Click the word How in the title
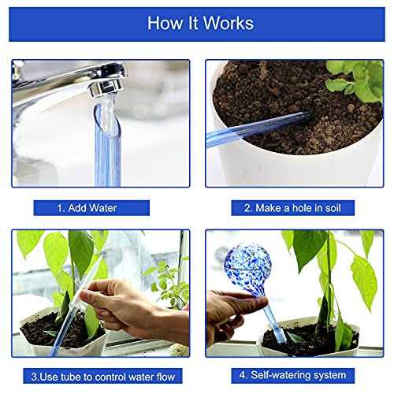(x=165, y=24)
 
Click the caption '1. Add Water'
(x=87, y=208)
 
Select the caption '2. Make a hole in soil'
(x=292, y=208)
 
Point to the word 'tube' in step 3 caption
(x=71, y=377)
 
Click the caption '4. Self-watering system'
(x=292, y=375)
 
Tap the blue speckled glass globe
(x=248, y=266)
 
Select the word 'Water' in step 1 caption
(x=104, y=208)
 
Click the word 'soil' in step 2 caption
(x=333, y=208)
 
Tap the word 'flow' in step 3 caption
(x=165, y=377)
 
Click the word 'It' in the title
(x=193, y=24)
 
